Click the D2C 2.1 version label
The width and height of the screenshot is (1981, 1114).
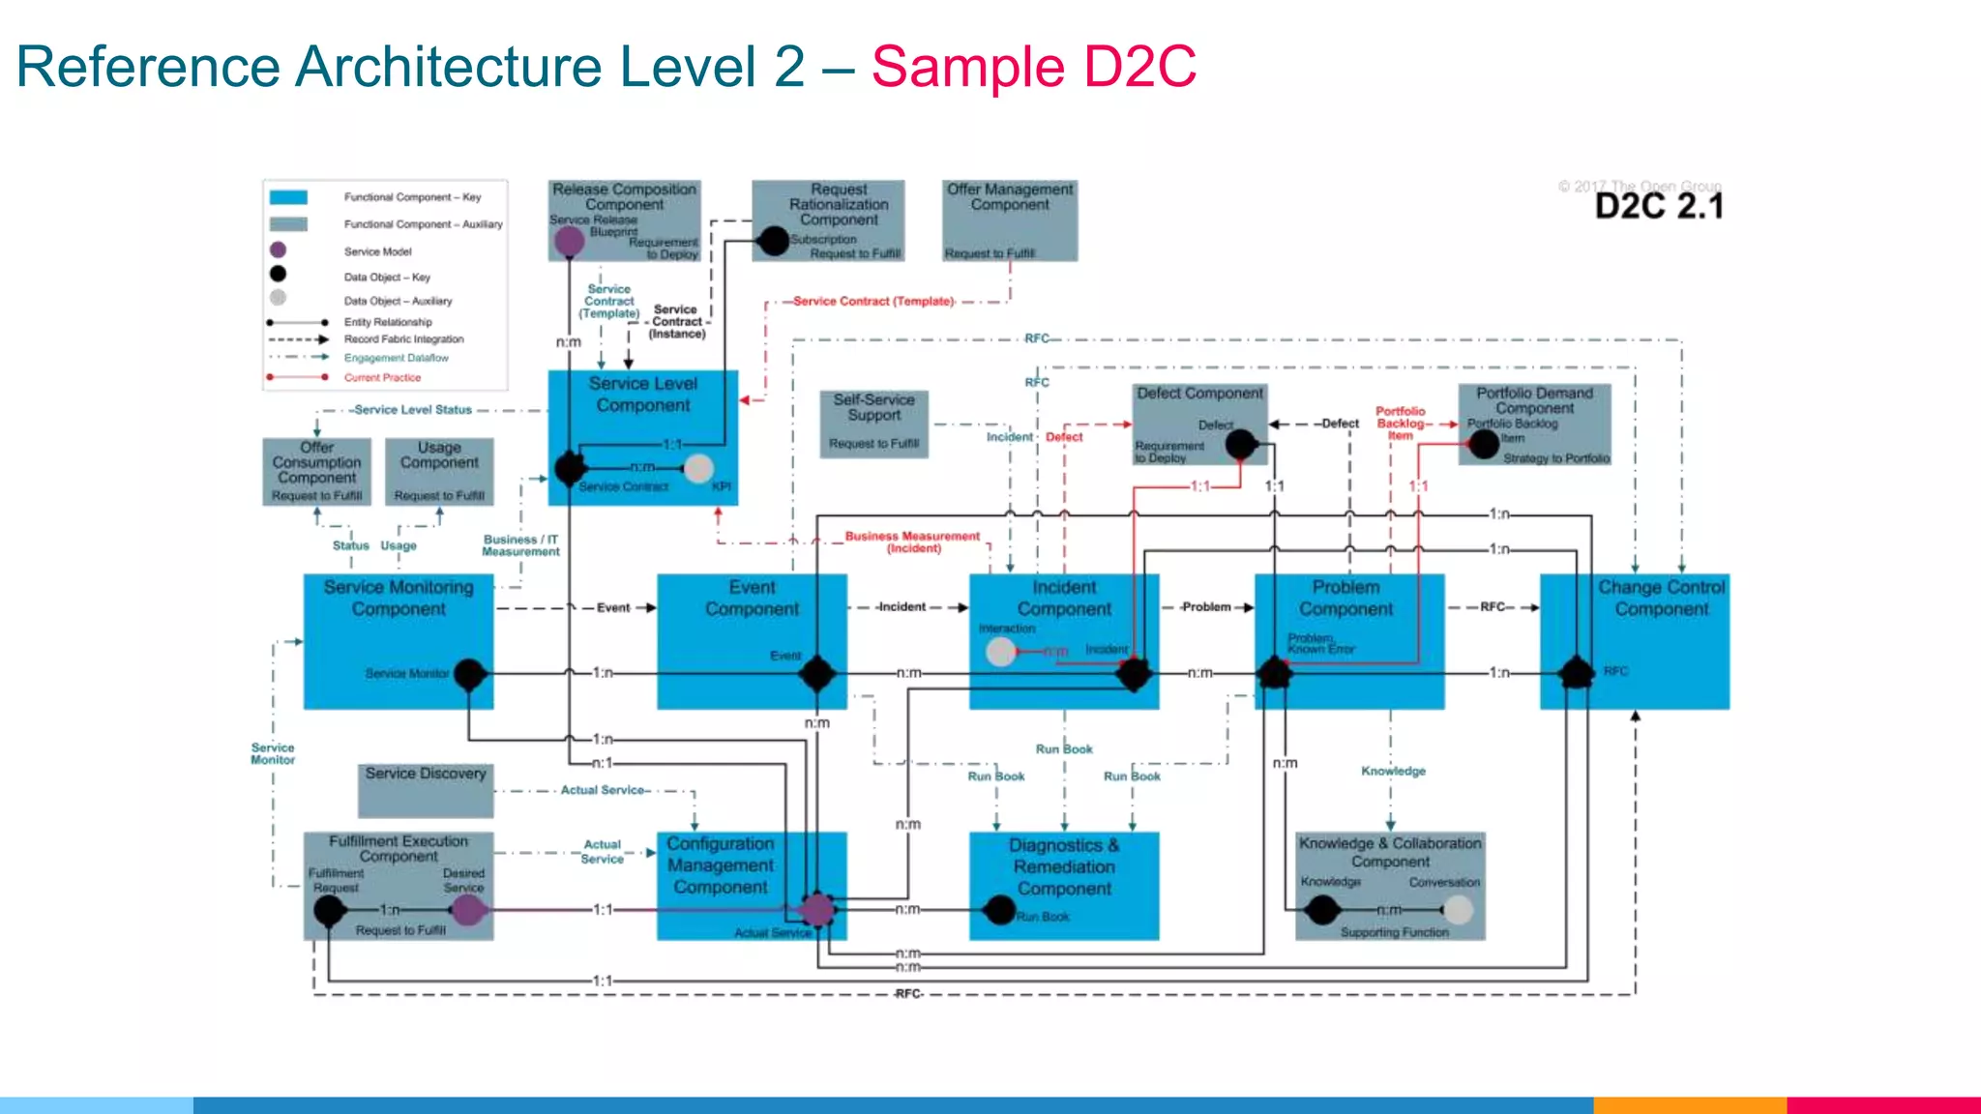click(1658, 206)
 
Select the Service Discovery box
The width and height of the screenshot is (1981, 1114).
click(426, 790)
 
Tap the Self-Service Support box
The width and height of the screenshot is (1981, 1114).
click(873, 424)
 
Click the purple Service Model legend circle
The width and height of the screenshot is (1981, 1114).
click(278, 250)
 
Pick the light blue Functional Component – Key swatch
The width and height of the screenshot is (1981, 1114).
click(288, 197)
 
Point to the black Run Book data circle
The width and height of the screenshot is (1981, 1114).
click(999, 910)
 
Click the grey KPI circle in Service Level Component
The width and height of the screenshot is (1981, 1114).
click(698, 468)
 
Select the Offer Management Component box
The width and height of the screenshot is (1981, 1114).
click(1010, 220)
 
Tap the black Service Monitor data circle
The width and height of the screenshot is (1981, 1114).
click(469, 673)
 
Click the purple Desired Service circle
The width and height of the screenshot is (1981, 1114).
click(467, 909)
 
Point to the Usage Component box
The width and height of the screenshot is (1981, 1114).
click(439, 471)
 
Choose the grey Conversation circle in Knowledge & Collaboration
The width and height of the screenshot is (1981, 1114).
click(1458, 909)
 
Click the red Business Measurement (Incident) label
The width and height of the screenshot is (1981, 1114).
click(912, 542)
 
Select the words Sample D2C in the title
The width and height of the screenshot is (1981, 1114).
click(1033, 68)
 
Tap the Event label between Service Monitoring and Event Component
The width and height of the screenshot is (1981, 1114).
click(613, 608)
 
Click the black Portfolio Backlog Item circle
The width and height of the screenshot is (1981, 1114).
click(1484, 444)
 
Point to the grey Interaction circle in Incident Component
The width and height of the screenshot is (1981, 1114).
click(1000, 652)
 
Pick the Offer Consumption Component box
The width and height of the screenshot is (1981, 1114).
click(316, 471)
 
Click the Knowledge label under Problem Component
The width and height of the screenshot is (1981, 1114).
click(1393, 771)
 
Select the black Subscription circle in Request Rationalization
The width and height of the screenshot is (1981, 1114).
click(774, 240)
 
